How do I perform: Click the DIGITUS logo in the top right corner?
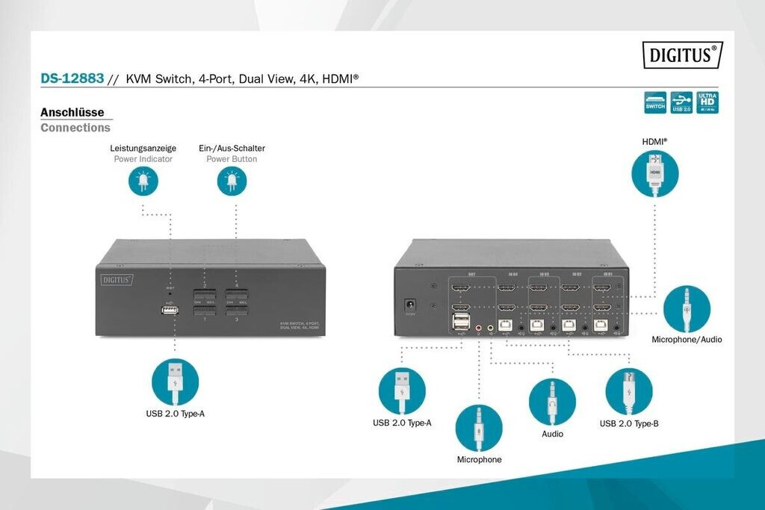click(682, 55)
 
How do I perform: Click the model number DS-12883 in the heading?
click(72, 78)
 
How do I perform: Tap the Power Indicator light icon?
click(143, 181)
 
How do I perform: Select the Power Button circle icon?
click(232, 181)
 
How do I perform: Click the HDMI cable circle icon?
click(655, 173)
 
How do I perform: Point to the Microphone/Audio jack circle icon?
click(687, 309)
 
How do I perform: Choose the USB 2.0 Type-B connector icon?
click(628, 392)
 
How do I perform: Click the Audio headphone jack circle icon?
click(552, 402)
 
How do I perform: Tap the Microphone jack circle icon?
click(479, 427)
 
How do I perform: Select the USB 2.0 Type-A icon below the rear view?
click(402, 391)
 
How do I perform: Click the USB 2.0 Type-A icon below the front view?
click(175, 382)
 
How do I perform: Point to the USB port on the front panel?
click(169, 311)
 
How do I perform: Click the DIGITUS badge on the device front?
click(117, 280)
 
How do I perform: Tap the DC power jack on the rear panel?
click(410, 305)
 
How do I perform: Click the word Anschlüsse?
click(72, 113)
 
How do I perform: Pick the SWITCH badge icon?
click(655, 102)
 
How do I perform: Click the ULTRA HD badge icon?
click(707, 102)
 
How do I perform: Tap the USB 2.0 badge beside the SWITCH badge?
click(681, 102)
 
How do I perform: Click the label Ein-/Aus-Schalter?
click(232, 148)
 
